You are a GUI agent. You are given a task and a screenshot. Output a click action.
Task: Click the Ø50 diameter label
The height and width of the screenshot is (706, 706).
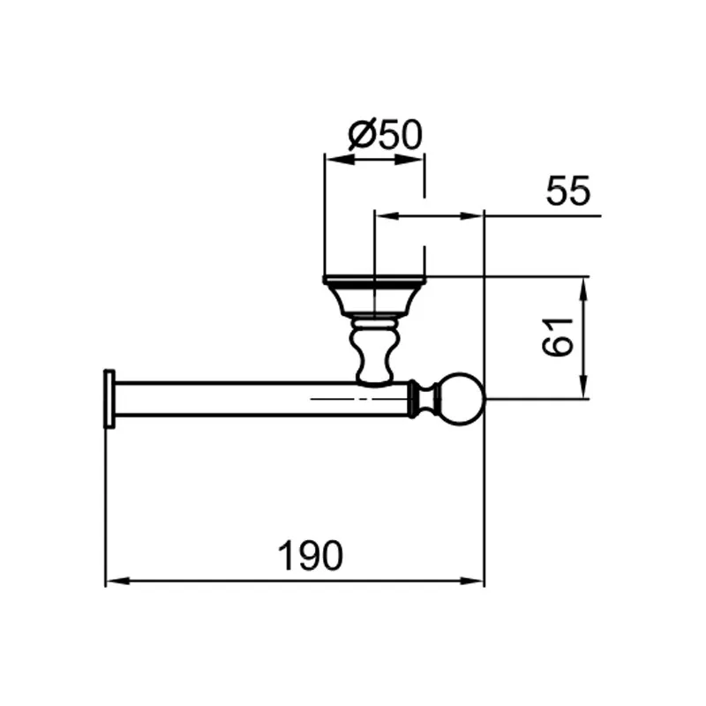(386, 134)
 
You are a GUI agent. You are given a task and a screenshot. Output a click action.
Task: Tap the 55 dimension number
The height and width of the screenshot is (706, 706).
(567, 191)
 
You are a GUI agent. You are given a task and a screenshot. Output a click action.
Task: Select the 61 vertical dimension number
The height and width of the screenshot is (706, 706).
(558, 337)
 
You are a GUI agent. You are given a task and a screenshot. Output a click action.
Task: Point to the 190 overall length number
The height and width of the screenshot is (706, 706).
(311, 556)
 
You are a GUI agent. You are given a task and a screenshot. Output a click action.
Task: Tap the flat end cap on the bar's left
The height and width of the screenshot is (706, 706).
(109, 399)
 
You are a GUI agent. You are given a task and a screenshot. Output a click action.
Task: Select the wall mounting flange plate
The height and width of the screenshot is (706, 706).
(374, 280)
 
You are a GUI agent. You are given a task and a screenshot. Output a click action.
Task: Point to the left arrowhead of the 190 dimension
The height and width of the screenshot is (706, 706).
(117, 582)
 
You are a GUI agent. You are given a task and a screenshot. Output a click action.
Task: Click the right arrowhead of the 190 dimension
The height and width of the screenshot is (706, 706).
(472, 582)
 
